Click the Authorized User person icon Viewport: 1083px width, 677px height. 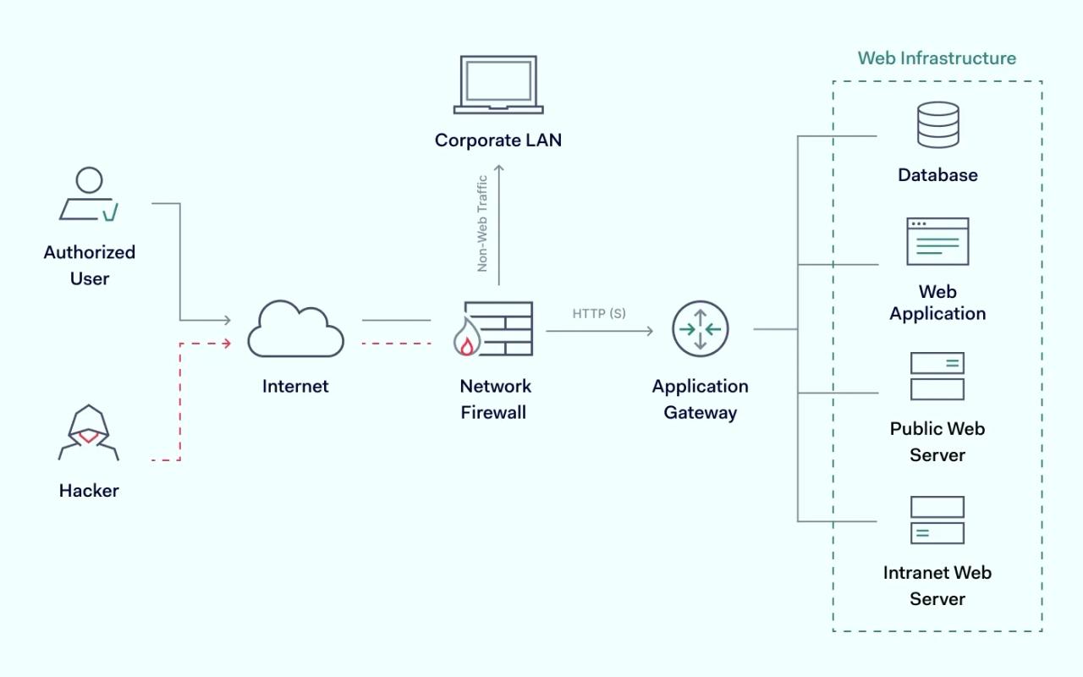[89, 195]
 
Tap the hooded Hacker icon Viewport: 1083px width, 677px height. [89, 432]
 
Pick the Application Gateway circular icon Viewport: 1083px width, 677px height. [700, 329]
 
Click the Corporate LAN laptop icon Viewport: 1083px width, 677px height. [498, 85]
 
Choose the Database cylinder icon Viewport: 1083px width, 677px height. [937, 124]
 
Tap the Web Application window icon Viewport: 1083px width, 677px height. [937, 241]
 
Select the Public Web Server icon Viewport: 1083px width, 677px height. [937, 377]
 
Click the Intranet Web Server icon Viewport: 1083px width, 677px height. [937, 520]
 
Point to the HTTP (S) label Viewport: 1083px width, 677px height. [599, 314]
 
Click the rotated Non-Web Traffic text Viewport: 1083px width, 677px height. [482, 223]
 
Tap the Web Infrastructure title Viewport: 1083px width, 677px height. [937, 58]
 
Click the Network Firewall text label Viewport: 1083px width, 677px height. [495, 399]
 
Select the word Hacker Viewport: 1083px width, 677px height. [89, 491]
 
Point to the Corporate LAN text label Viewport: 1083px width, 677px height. [498, 140]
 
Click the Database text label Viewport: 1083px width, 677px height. [937, 175]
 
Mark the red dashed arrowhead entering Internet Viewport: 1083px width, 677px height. [227, 343]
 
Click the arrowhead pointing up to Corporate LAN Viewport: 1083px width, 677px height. [498, 168]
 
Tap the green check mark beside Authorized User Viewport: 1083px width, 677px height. [110, 212]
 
